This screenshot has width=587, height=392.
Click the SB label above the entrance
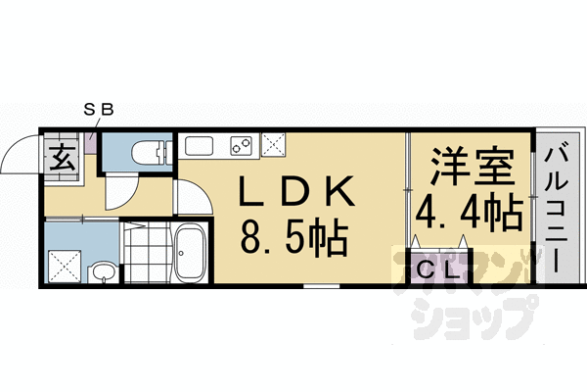(98, 110)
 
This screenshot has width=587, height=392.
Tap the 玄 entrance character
(61, 157)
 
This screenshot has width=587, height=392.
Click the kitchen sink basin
(200, 147)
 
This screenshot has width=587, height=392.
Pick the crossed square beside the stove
(273, 146)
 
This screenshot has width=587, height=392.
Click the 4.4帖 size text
(469, 213)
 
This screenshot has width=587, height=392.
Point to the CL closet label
(439, 267)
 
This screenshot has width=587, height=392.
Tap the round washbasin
(102, 270)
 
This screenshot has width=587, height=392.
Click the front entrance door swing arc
(17, 155)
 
